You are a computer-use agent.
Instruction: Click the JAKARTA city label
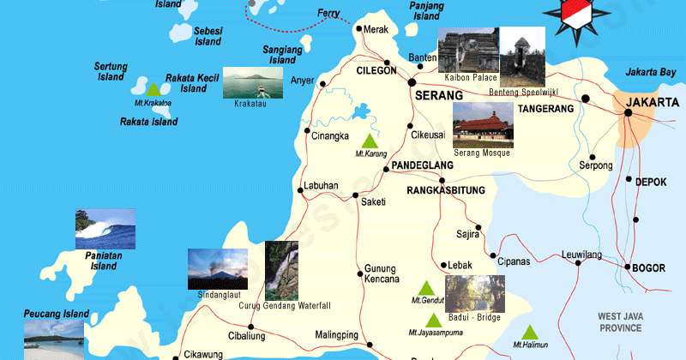(649, 103)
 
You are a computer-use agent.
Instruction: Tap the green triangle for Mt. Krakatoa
(153, 89)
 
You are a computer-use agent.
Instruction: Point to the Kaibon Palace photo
(467, 51)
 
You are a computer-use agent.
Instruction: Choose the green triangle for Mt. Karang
(370, 141)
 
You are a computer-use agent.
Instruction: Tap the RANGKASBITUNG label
(446, 190)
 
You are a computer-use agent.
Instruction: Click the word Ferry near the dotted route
(328, 13)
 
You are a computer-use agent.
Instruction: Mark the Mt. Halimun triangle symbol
(530, 331)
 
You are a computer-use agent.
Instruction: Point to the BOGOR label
(648, 268)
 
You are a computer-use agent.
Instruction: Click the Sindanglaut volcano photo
(218, 268)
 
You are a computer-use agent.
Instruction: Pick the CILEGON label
(377, 71)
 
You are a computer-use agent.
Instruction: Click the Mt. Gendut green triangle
(425, 287)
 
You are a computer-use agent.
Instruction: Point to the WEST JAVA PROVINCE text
(620, 323)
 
